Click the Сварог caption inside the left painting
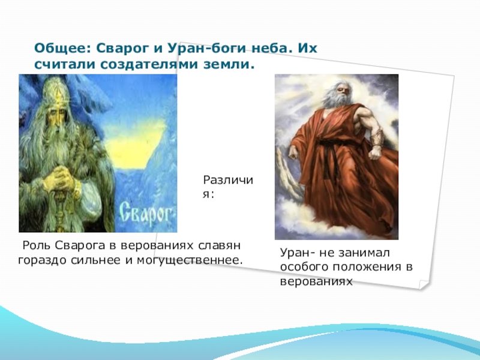[145, 212]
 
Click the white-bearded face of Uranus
[338, 94]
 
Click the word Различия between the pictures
[228, 187]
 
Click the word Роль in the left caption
[37, 245]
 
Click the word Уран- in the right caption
[297, 253]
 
